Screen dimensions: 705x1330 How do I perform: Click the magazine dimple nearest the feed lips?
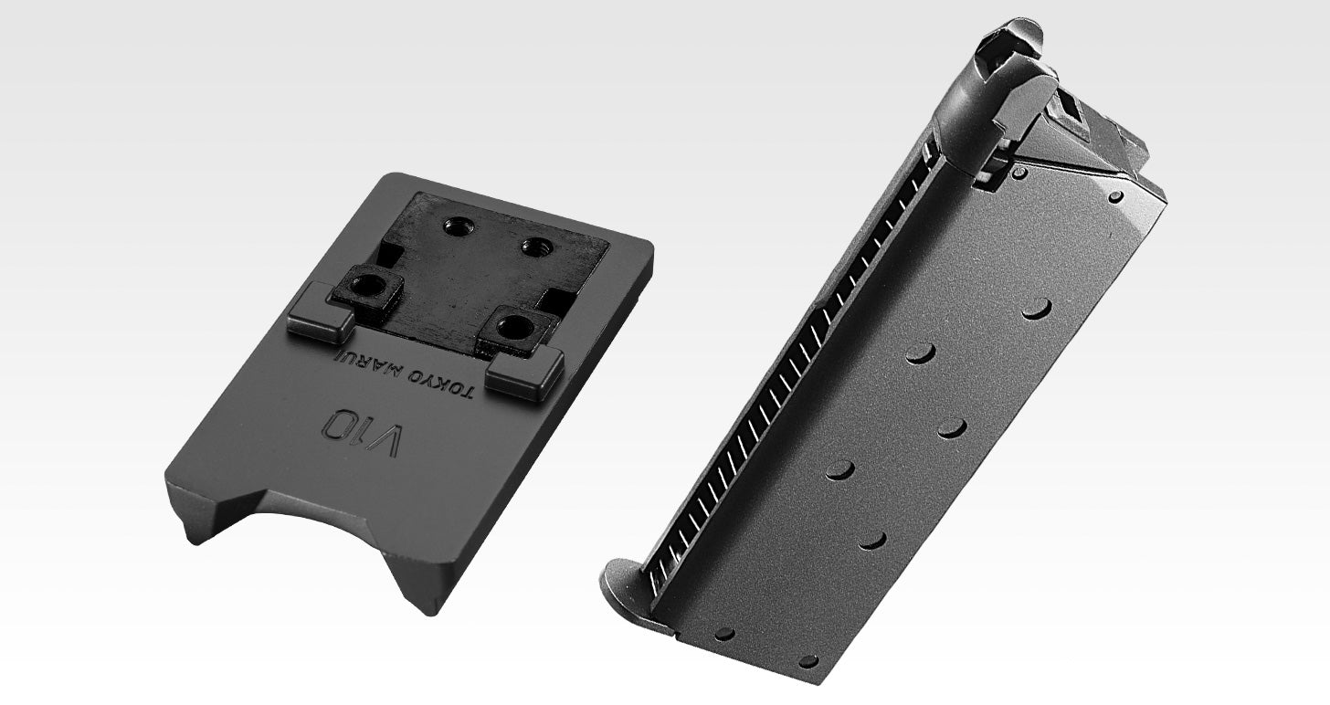pos(1036,308)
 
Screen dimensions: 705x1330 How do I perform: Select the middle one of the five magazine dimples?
pos(952,427)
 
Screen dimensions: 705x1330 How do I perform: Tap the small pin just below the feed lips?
pos(1019,172)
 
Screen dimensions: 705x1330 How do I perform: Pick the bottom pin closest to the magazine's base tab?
pos(724,633)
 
